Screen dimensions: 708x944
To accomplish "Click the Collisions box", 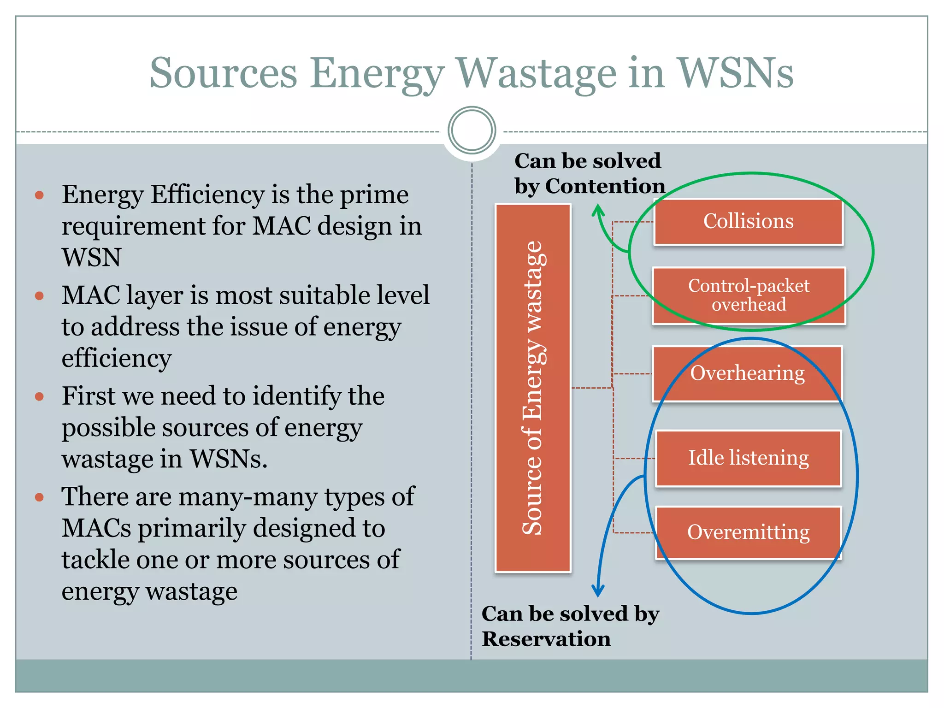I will [748, 222].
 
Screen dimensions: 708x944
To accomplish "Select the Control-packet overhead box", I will [749, 295].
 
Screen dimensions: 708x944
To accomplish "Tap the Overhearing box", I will [747, 373].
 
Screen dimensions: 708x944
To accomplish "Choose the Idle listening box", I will [748, 458].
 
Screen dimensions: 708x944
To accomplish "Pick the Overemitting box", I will [748, 532].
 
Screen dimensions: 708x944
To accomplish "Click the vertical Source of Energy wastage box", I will [533, 388].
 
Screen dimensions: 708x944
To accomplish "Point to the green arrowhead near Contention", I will [598, 211].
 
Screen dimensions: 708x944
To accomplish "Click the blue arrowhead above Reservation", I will [598, 590].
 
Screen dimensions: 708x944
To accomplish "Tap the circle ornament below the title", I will [472, 130].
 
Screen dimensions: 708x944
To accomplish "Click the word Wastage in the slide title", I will [537, 73].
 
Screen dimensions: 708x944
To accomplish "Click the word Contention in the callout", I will [605, 186].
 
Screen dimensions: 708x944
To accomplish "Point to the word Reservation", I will [546, 639].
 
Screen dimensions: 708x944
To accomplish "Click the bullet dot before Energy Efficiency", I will [39, 195].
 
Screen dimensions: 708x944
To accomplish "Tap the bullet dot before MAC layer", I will [39, 296].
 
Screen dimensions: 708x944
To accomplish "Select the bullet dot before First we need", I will [39, 396].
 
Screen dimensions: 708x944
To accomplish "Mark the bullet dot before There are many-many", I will [39, 497].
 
